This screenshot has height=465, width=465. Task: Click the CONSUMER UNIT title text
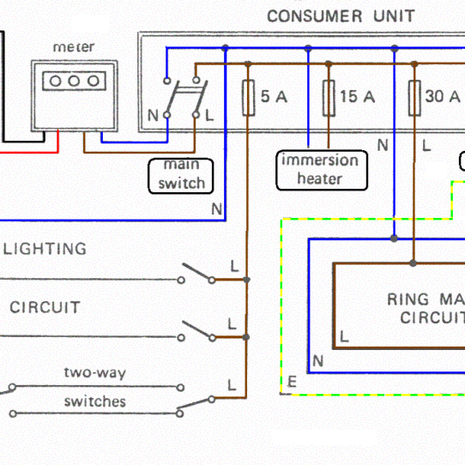[x=341, y=15]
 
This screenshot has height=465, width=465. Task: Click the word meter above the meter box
[x=74, y=46]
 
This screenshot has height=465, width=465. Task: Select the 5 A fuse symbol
[x=248, y=97]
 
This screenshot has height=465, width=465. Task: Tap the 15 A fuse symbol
[x=328, y=97]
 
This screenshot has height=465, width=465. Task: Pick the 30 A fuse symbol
[x=414, y=97]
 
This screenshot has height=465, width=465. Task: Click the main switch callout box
[x=180, y=175]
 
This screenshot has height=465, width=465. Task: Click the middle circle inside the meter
[x=74, y=80]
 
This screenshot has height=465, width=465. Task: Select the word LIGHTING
[x=45, y=249]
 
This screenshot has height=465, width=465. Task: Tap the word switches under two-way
[x=94, y=402]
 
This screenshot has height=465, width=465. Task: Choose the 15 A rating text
[x=358, y=97]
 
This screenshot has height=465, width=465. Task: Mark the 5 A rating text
[x=274, y=97]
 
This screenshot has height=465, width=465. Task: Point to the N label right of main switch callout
[x=216, y=208]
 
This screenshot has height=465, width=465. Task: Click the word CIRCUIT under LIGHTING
[x=45, y=307]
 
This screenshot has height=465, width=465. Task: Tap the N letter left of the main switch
[x=153, y=115]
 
